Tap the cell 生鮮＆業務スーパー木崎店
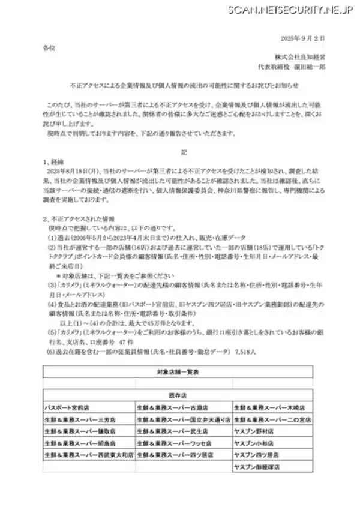270,407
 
